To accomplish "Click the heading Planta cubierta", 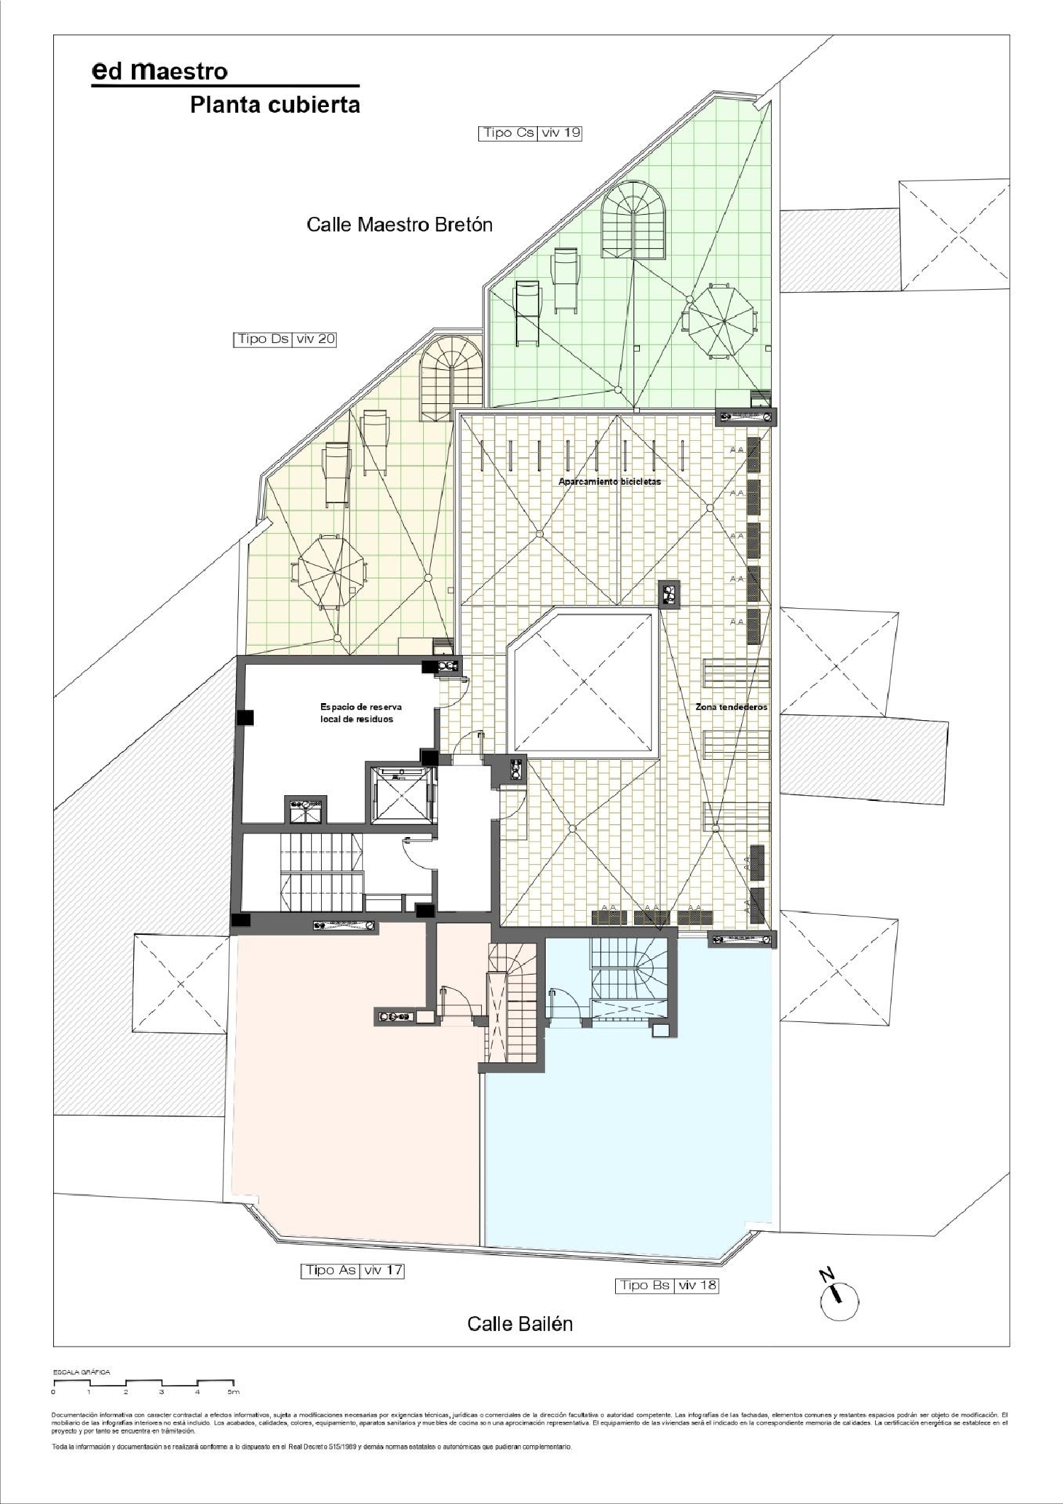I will point(275,106).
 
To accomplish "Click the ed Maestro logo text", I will point(160,71).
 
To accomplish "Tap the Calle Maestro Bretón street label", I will point(399,225).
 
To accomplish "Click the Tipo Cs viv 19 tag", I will point(531,133).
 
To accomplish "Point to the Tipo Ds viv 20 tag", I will point(284,339).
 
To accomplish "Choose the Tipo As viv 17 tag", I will point(352,1270).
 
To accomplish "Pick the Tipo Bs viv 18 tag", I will point(666,1285).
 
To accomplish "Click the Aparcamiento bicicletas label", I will point(609,481).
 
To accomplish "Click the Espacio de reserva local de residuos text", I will point(356,712).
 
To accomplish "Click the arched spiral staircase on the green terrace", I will point(634,220).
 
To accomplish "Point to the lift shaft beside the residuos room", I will point(401,795).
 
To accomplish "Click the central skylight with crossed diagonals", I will point(583,683).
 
